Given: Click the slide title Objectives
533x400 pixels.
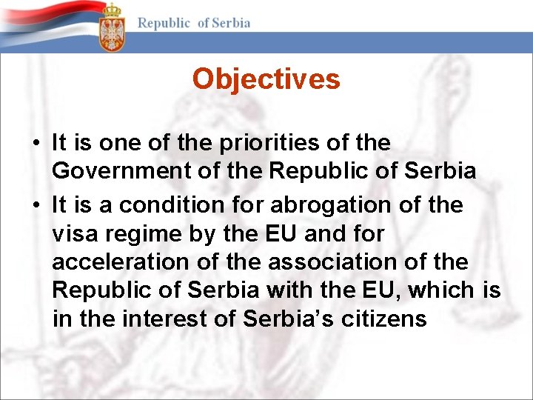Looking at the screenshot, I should (266, 79).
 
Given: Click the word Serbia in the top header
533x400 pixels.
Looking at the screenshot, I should (232, 23).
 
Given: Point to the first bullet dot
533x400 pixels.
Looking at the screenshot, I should (36, 143).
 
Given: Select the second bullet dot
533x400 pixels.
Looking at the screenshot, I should (36, 205).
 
